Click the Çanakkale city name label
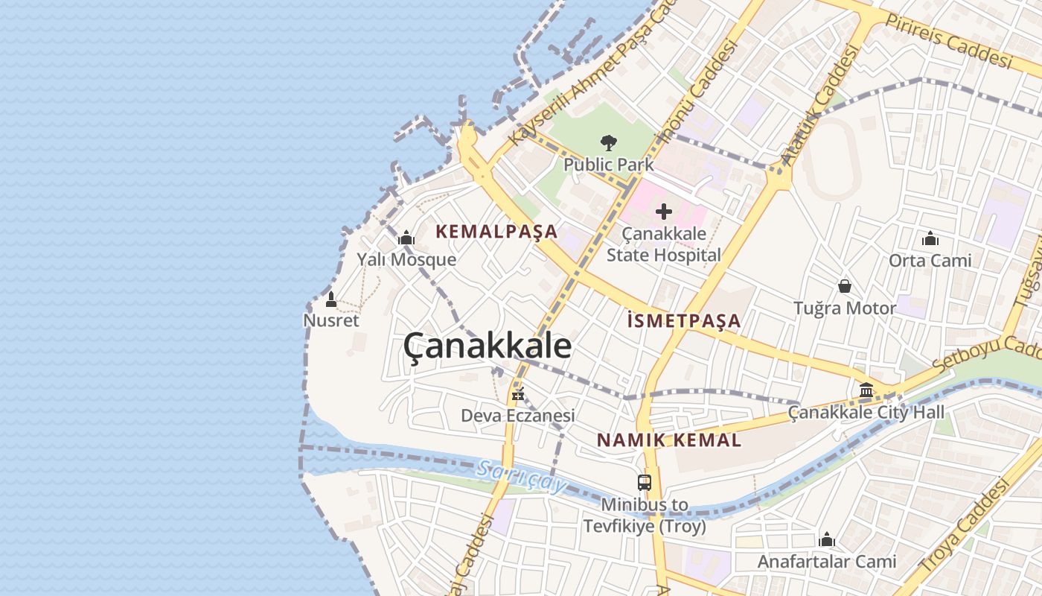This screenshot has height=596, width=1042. [x=488, y=347]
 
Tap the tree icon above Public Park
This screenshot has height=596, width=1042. [x=609, y=142]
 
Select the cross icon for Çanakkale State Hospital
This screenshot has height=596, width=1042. [x=663, y=212]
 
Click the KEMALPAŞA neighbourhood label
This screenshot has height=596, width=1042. [x=496, y=232]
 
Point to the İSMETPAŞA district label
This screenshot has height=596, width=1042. [x=684, y=321]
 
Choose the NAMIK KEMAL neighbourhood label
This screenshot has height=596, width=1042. [x=669, y=440]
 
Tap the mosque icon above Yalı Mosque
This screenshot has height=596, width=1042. [x=406, y=238]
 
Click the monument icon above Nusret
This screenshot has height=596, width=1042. [x=331, y=299]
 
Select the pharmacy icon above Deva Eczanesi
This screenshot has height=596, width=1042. [x=518, y=394]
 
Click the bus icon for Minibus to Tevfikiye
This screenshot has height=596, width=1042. [x=645, y=482]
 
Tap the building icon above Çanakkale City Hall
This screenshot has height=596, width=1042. [x=866, y=390]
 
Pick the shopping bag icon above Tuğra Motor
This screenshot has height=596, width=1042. [x=845, y=286]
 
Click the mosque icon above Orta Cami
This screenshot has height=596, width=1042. [x=930, y=239]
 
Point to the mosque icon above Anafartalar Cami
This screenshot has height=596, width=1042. [x=827, y=540]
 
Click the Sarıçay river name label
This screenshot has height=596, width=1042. [x=522, y=477]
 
